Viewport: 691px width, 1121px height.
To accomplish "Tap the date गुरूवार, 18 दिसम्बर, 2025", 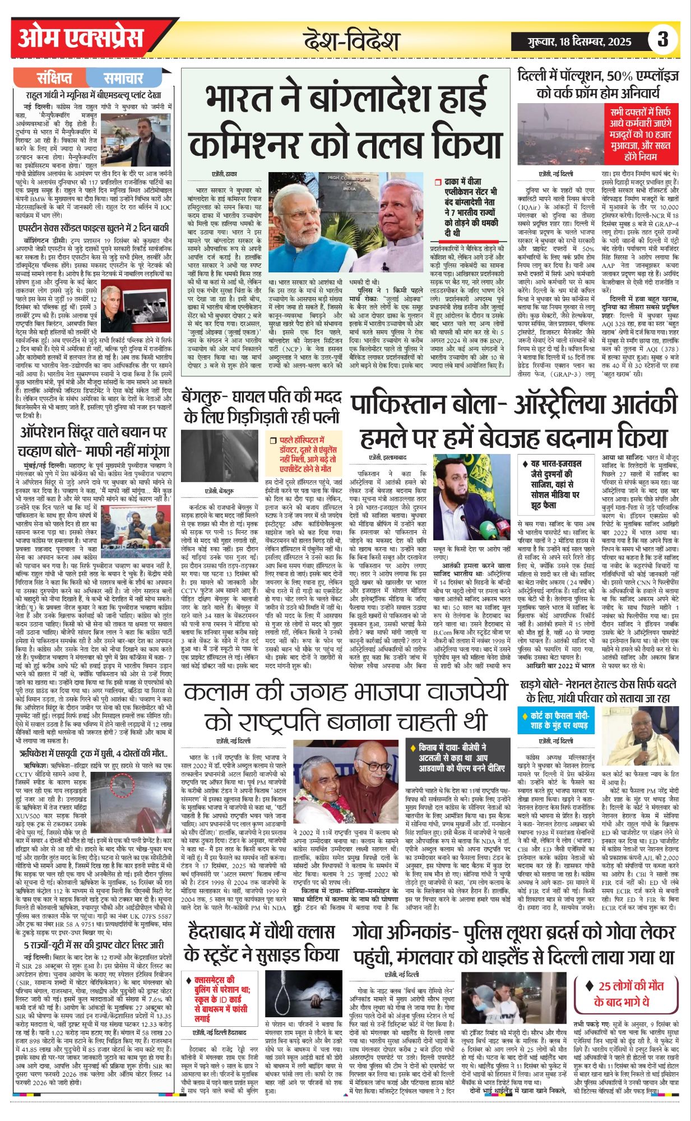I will pyautogui.click(x=572, y=41).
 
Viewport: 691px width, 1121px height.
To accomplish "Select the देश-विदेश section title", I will pyautogui.click(x=352, y=40).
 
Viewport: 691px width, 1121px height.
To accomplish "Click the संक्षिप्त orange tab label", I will pyautogui.click(x=54, y=78).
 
